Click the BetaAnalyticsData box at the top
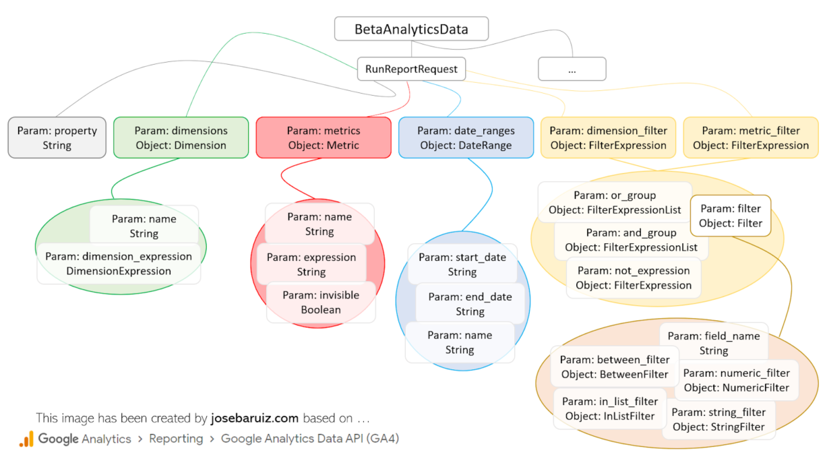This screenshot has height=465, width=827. (x=411, y=30)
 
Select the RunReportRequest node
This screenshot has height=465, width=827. (x=411, y=69)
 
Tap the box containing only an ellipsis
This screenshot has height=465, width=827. (x=571, y=69)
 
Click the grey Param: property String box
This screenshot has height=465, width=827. (x=57, y=138)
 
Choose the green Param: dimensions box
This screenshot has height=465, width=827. (x=181, y=138)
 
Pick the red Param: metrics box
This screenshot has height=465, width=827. (x=323, y=138)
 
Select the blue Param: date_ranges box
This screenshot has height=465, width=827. (x=465, y=138)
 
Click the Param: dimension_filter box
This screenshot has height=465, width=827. (x=608, y=138)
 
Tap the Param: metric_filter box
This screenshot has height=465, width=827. (x=751, y=138)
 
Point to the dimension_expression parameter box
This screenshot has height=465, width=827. (x=119, y=264)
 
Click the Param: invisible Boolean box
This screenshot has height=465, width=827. (x=320, y=302)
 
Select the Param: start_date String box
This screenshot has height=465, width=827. (x=462, y=265)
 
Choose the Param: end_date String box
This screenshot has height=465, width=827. (x=469, y=304)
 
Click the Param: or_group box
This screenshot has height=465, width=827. (x=615, y=203)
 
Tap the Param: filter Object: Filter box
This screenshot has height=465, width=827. (x=731, y=216)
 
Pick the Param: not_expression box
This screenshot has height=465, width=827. (x=633, y=278)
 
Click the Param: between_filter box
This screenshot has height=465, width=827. (x=614, y=366)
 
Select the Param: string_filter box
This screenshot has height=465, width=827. (x=718, y=420)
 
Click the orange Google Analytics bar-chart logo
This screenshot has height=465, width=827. (x=26, y=439)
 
